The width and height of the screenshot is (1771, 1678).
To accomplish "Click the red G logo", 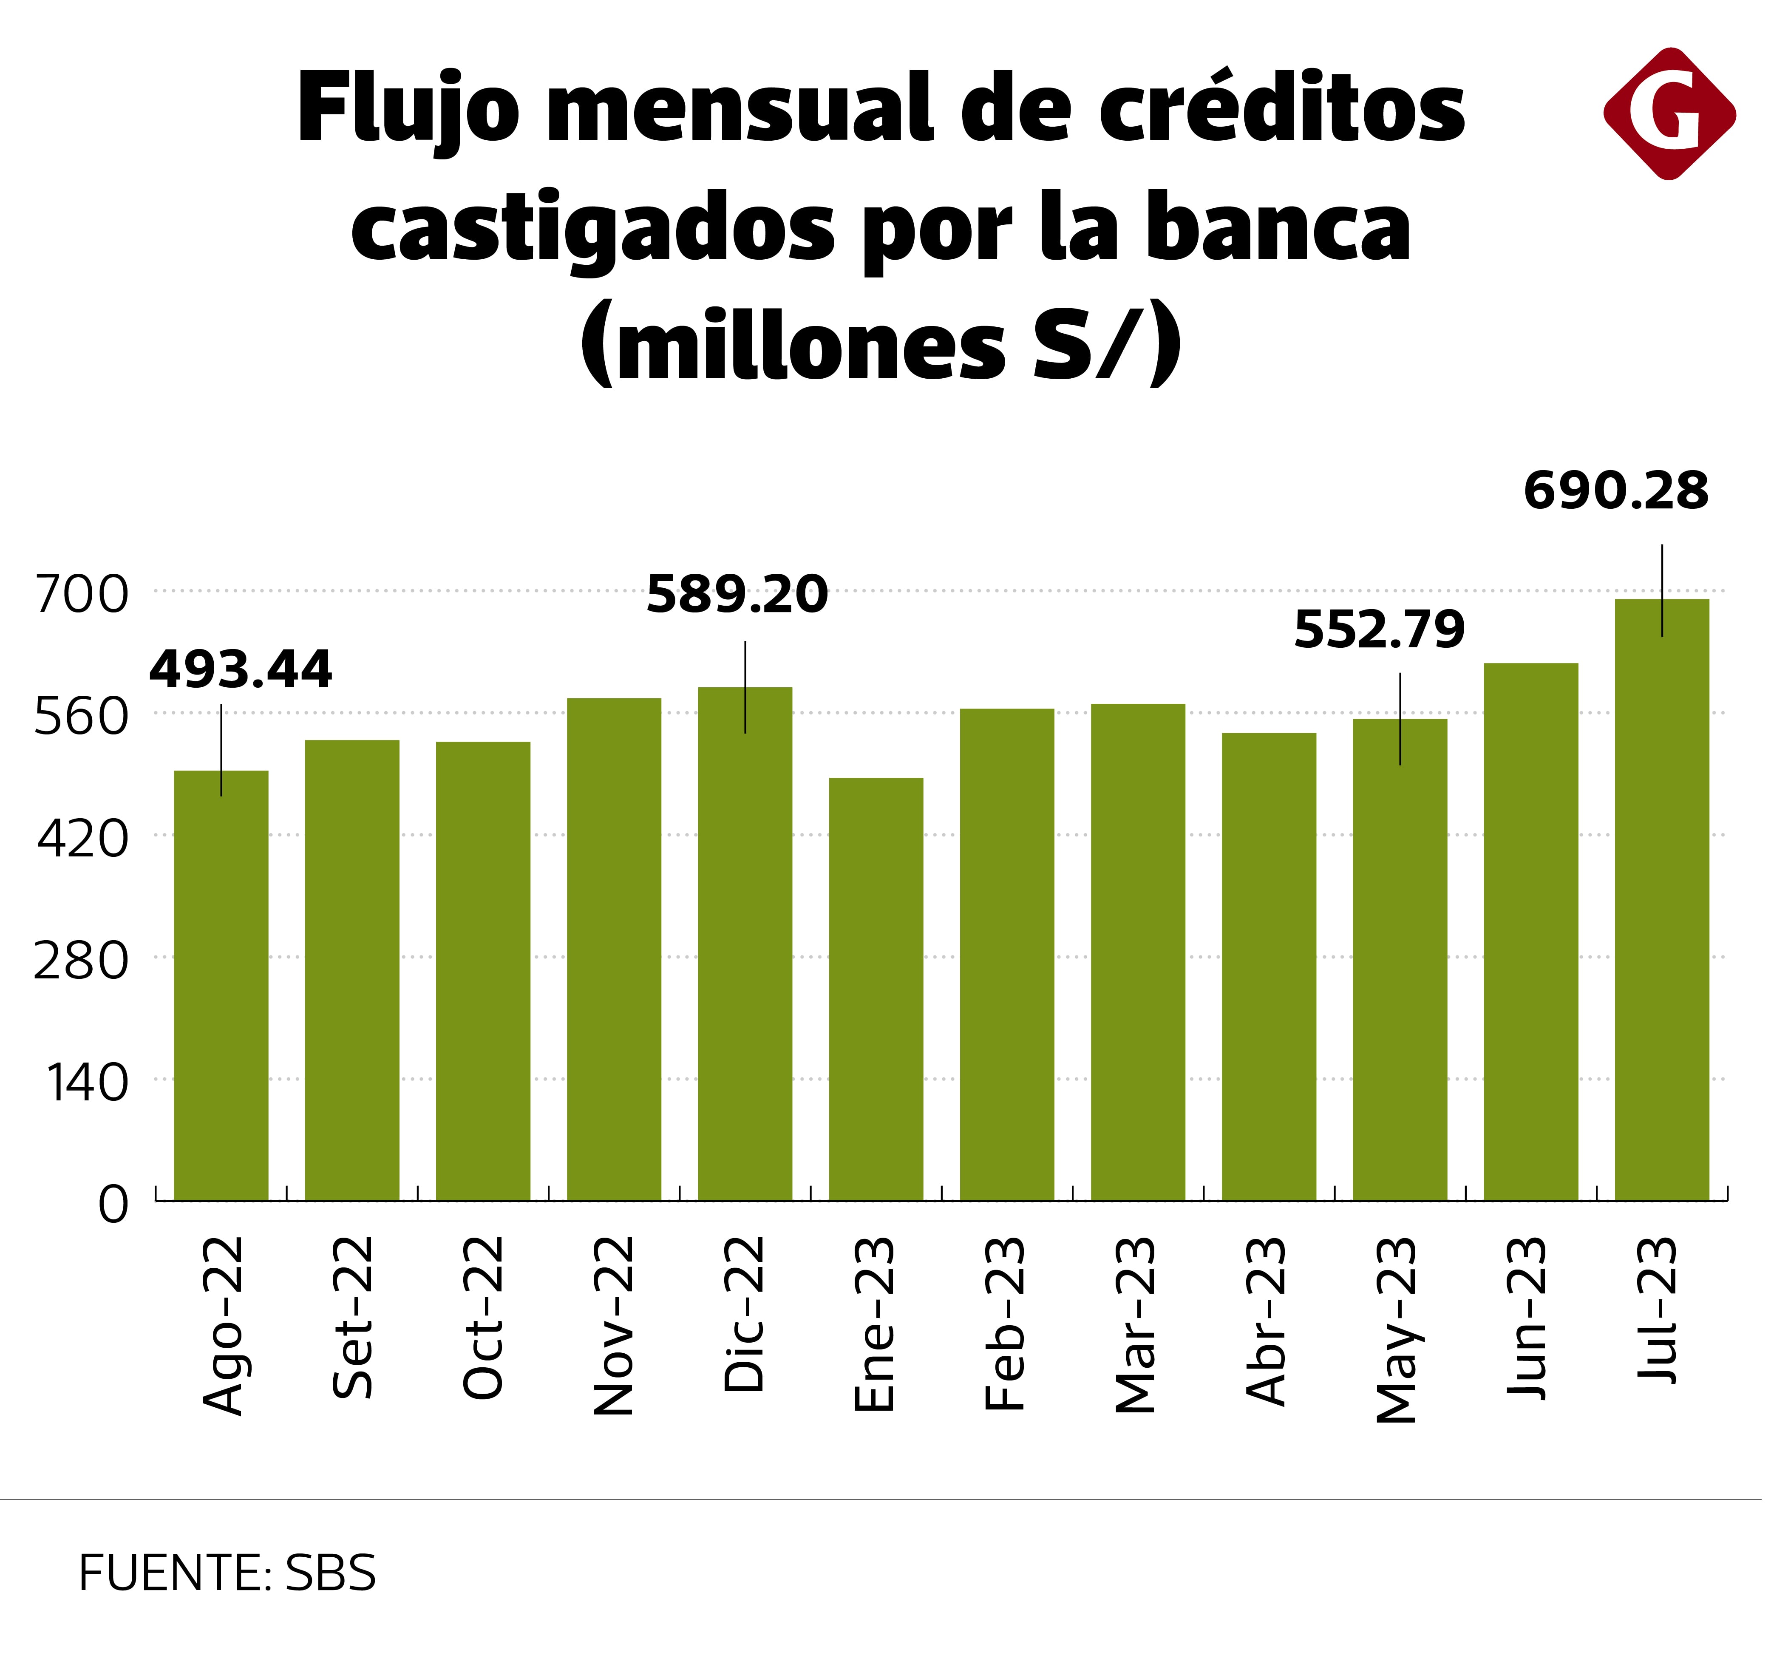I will [1669, 114].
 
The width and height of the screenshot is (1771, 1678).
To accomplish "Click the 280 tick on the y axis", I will [82, 961].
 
